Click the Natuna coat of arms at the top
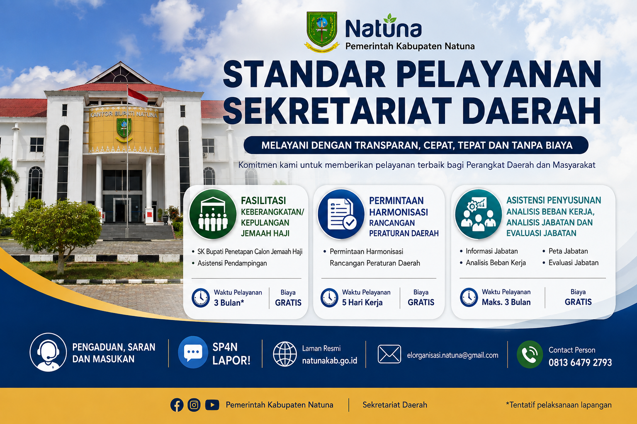pos(322,31)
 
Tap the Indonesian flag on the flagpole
pos(138,97)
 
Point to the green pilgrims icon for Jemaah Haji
pos(213,214)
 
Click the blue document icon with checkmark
pos(341,214)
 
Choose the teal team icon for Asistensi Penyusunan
pos(478,214)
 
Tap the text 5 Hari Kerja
pos(362,302)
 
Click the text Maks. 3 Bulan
pos(506,302)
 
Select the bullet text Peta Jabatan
pos(568,251)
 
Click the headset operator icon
pos(48,352)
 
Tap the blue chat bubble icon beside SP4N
pos(193,352)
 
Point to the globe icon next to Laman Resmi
pos(284,354)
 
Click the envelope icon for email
pos(389,354)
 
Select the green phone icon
pos(530,354)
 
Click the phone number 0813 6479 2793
pos(580,363)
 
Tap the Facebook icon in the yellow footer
pos(177,405)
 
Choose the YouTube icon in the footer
pos(212,405)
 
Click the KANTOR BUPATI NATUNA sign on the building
pos(124,114)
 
